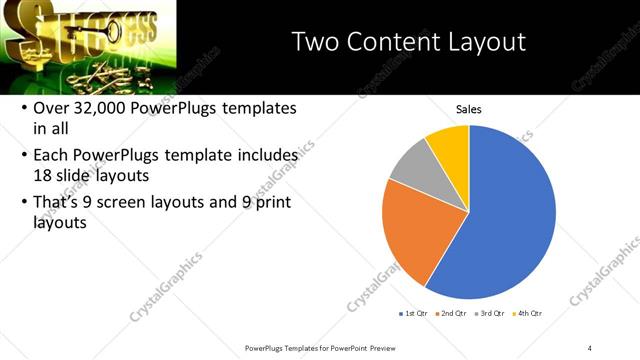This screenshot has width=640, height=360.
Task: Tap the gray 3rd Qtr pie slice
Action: [x=413, y=167]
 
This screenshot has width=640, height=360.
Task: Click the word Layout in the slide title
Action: [x=489, y=42]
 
